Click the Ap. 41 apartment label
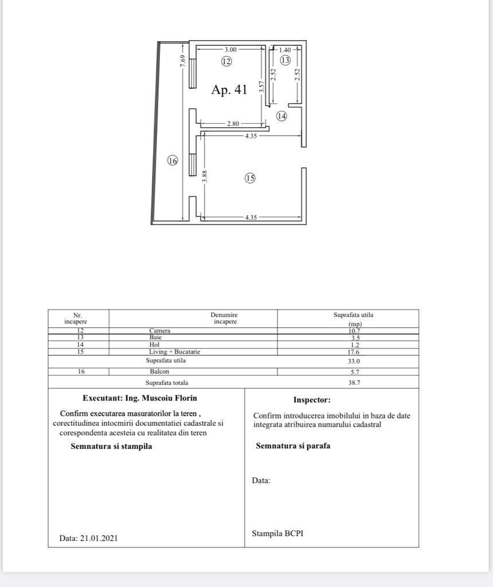[x=229, y=90]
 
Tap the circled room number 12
[x=226, y=61]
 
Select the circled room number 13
[x=285, y=60]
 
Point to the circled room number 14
[x=281, y=116]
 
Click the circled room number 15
[x=250, y=178]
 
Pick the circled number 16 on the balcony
[x=173, y=161]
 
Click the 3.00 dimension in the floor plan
[x=230, y=50]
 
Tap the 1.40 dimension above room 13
[x=285, y=50]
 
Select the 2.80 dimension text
[x=233, y=124]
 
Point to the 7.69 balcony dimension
[x=183, y=61]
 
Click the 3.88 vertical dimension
[x=205, y=177]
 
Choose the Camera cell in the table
[x=160, y=331]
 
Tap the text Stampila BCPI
[x=277, y=533]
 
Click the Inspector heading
[x=312, y=400]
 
